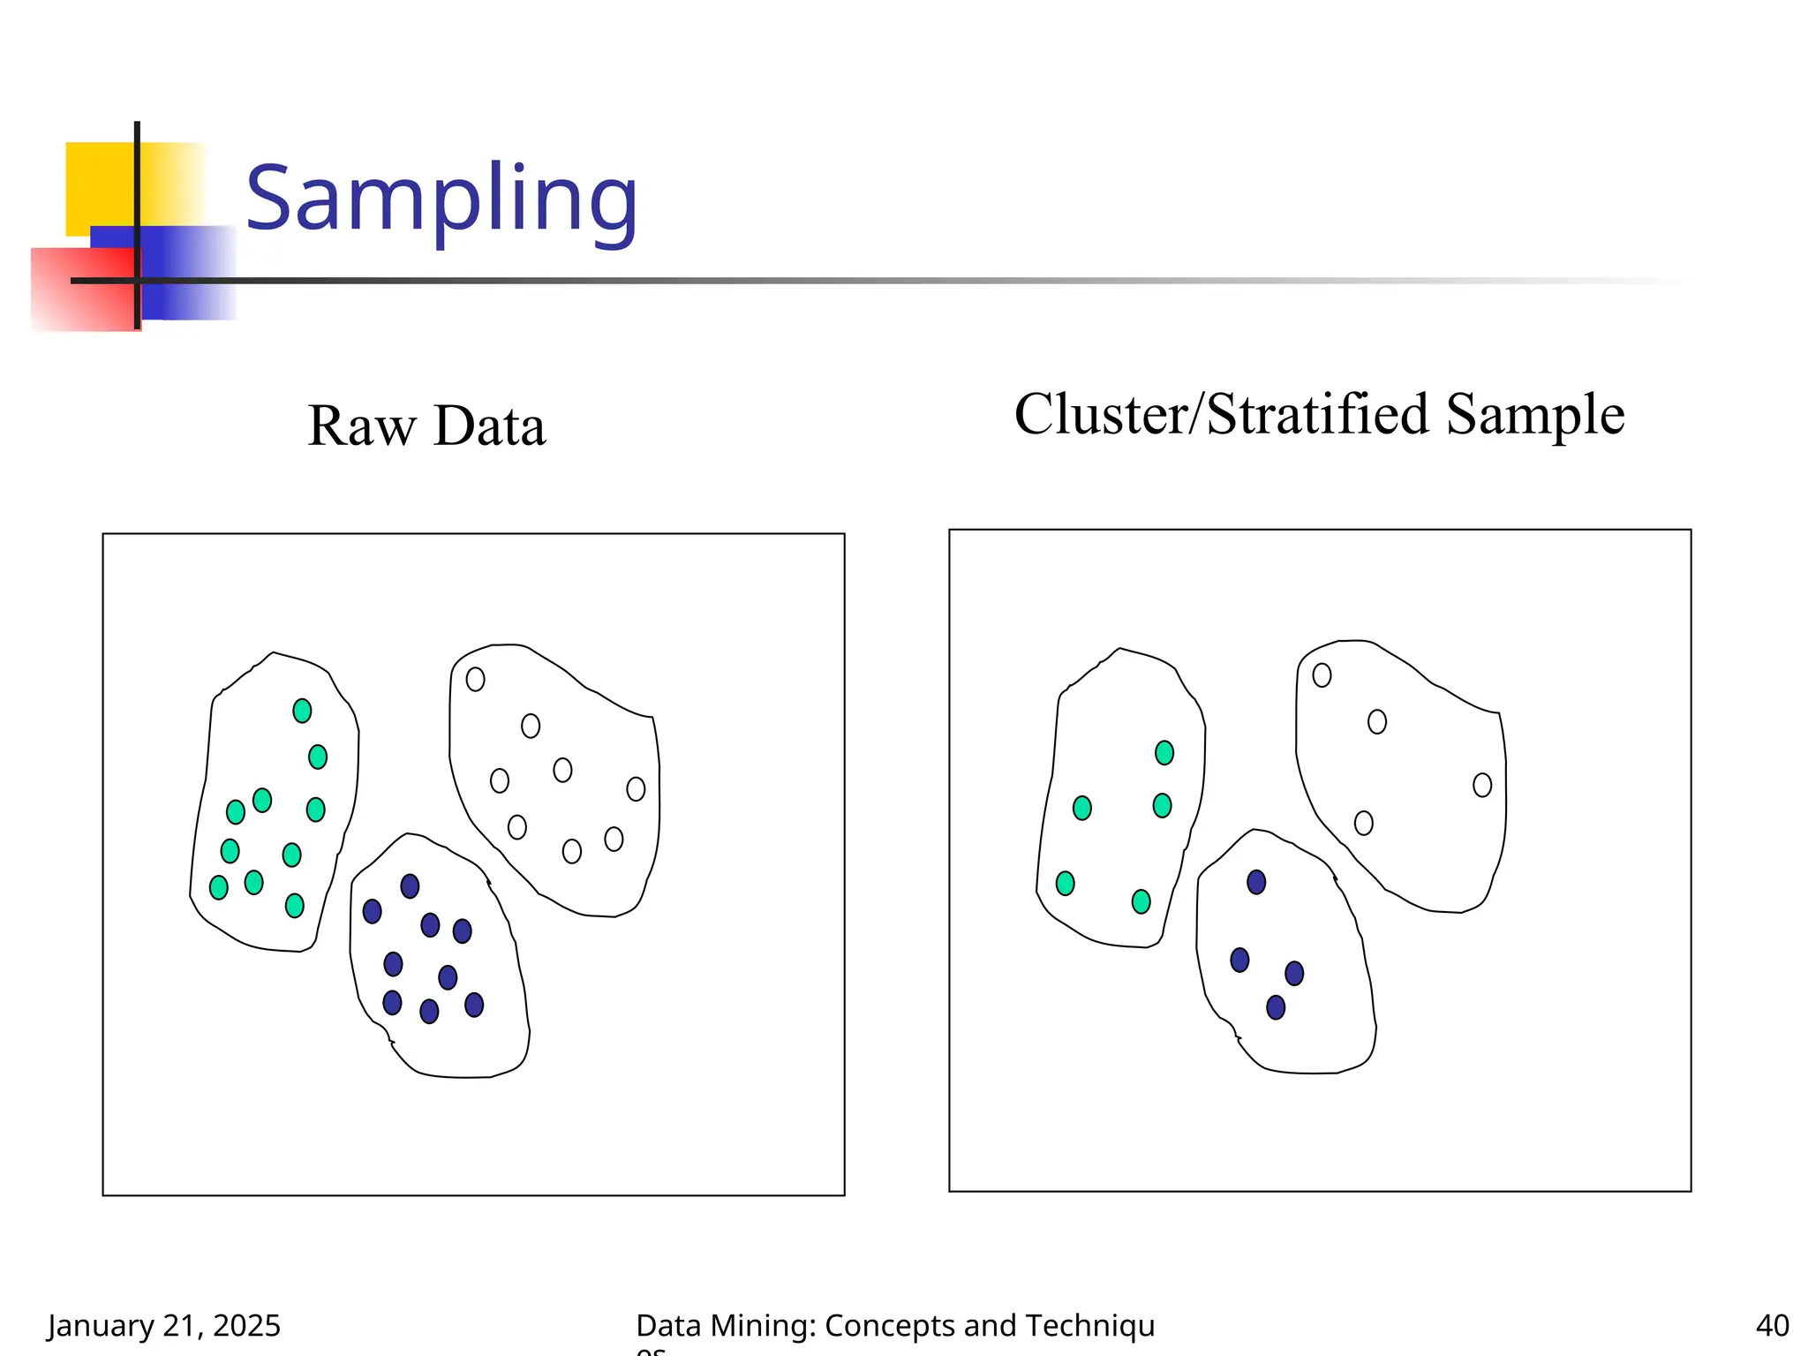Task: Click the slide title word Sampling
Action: click(x=441, y=200)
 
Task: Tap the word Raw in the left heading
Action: click(x=361, y=426)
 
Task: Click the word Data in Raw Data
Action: click(x=490, y=426)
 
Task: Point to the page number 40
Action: click(x=1771, y=1325)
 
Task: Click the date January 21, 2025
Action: click(x=164, y=1325)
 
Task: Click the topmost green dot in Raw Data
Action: click(x=302, y=711)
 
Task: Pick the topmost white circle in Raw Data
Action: click(x=475, y=679)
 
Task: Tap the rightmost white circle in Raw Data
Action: click(x=636, y=788)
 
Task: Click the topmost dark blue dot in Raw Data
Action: click(x=410, y=885)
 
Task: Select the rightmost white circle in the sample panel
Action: click(x=1482, y=785)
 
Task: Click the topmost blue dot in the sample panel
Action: click(x=1256, y=882)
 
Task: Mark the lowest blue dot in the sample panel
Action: click(x=1276, y=1007)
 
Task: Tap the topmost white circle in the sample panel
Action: click(x=1322, y=675)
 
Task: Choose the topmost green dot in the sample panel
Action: click(x=1164, y=752)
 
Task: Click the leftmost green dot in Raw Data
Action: click(x=218, y=887)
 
